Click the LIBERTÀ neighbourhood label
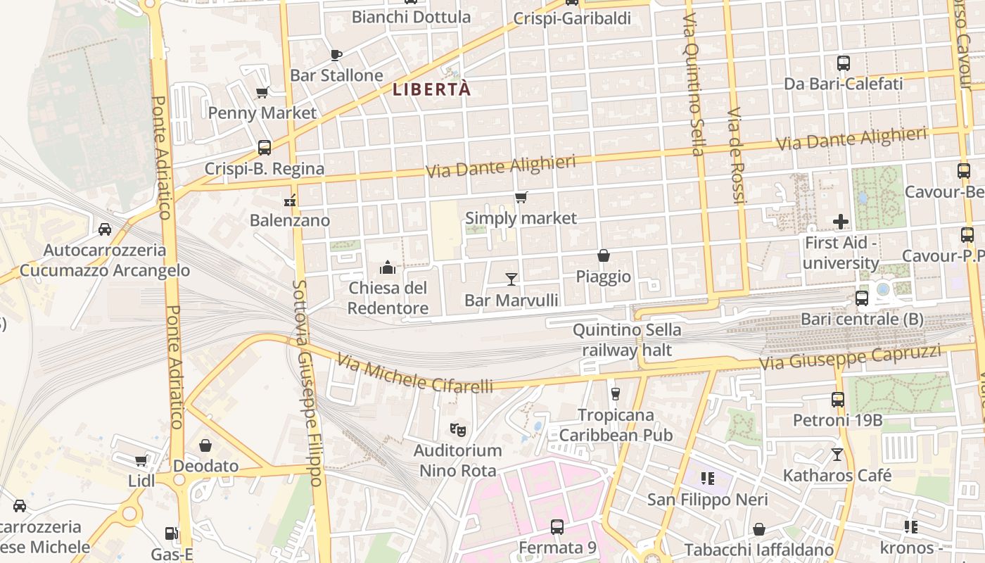[431, 90]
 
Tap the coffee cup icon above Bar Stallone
[336, 55]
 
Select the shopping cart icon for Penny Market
[262, 92]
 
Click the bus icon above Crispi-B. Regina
[265, 148]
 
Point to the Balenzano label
[290, 220]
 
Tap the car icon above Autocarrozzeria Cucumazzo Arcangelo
[105, 229]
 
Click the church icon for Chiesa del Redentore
[388, 267]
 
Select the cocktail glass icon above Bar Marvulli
[511, 279]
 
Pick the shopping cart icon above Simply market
[521, 198]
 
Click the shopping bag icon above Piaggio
[604, 255]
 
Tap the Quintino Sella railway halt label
[627, 340]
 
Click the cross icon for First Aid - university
[841, 222]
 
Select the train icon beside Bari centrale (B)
[862, 298]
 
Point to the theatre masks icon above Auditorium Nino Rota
[458, 429]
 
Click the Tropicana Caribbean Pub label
[616, 425]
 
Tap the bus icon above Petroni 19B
[838, 400]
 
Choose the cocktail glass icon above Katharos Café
[837, 455]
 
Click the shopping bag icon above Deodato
[205, 445]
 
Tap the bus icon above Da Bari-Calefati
[844, 63]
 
